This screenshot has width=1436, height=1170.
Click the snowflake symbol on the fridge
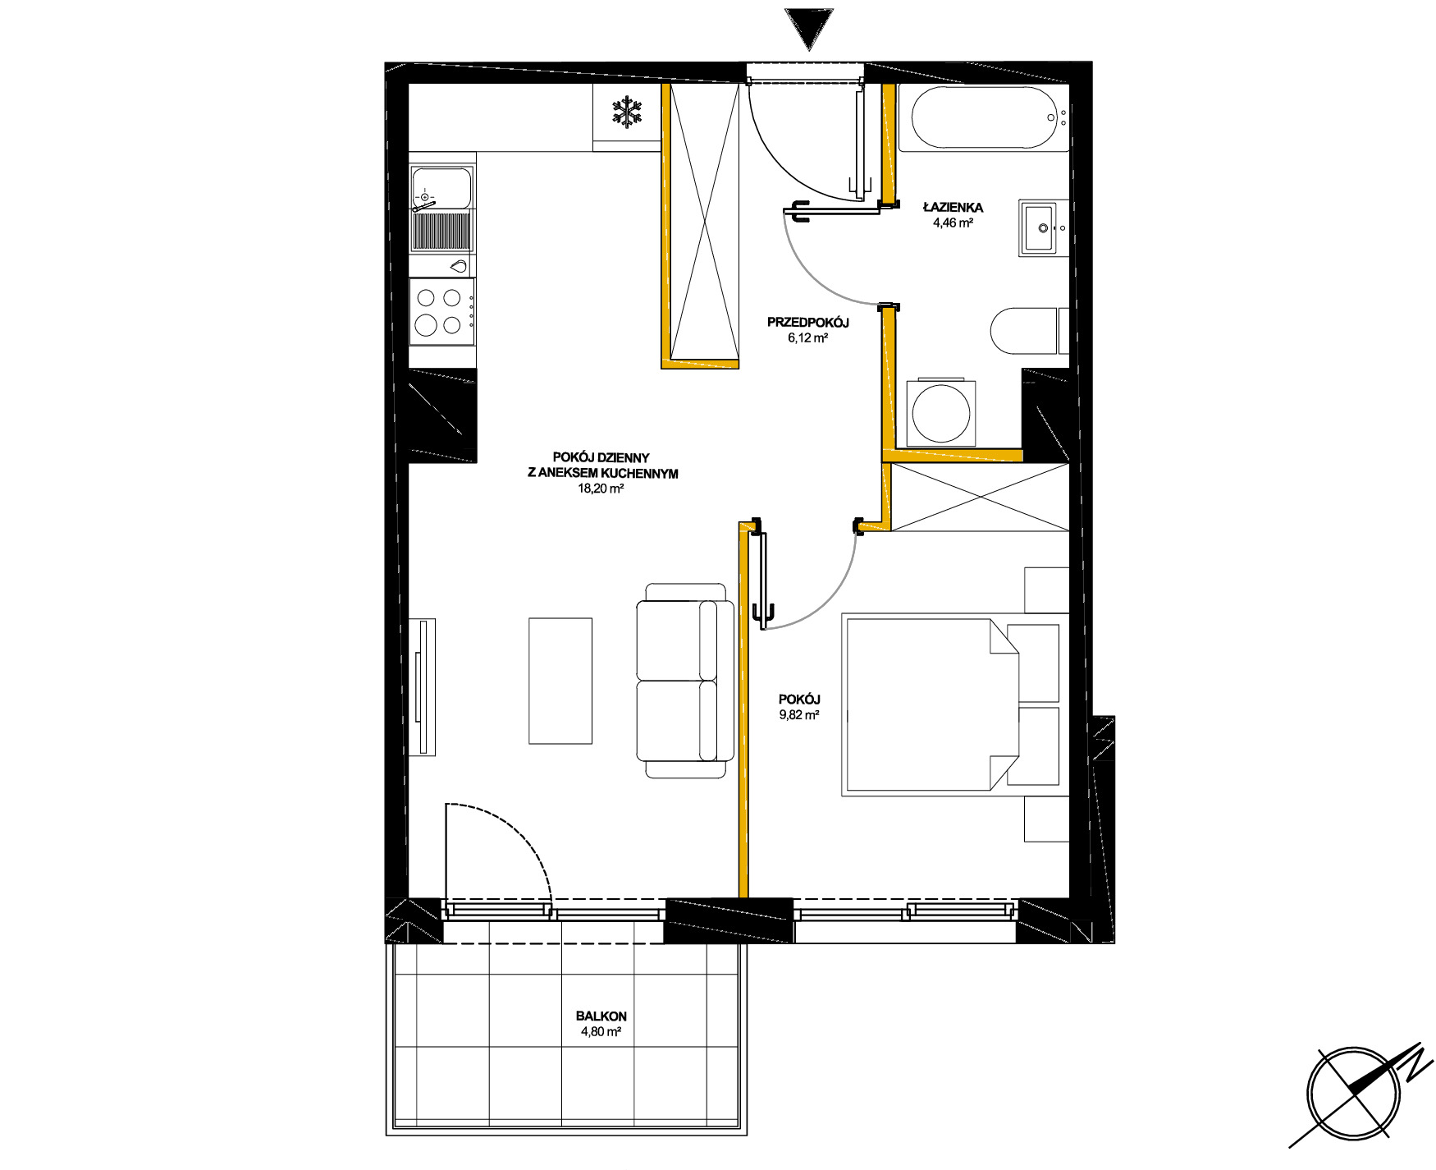coord(628,112)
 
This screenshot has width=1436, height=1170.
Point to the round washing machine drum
coord(942,413)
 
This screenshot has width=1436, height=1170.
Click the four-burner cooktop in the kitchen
coord(441,311)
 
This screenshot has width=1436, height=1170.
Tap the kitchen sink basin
coord(441,189)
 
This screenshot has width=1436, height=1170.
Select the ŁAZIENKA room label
coord(953,208)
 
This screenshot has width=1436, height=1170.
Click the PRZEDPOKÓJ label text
coord(807,323)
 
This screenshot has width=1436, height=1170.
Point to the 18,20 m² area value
coord(601,489)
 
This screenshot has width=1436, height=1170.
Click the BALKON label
coord(601,1016)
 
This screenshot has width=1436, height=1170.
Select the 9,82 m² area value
coord(799,715)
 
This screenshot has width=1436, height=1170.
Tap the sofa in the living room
coord(685,681)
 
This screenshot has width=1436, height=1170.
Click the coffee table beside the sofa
coord(560,681)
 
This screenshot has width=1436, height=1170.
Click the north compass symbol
coord(1355,1095)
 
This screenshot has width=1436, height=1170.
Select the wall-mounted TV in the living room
coord(423,687)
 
